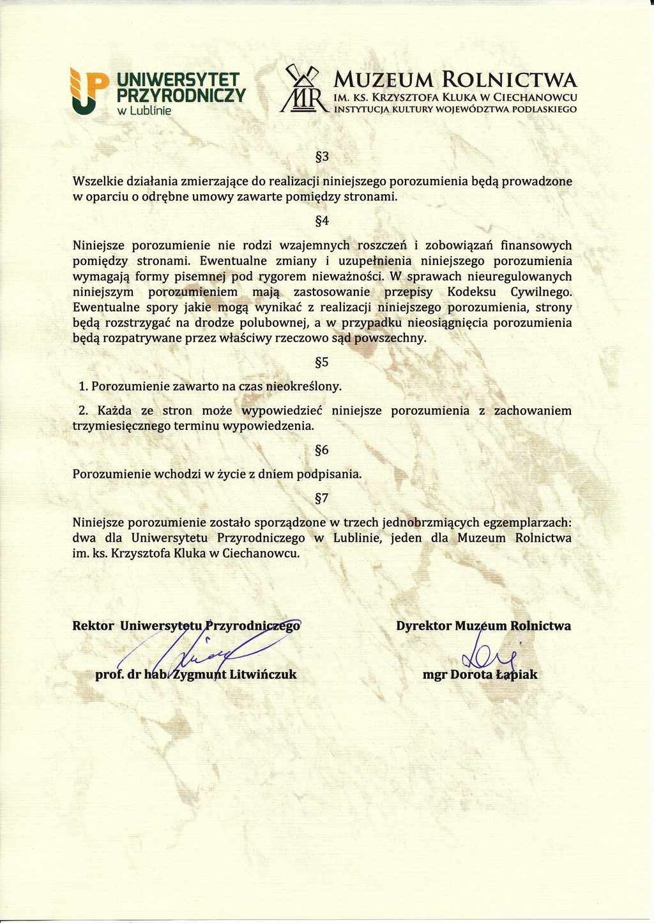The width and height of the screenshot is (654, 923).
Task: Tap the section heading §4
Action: coord(322,222)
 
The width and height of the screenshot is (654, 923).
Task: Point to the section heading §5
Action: coord(322,363)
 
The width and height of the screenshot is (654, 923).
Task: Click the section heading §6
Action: coord(322,450)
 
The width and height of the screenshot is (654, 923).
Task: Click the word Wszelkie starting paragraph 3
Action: coord(97,181)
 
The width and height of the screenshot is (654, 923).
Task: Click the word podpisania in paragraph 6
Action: coord(333,475)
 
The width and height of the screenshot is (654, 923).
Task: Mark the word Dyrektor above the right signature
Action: coord(423,626)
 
